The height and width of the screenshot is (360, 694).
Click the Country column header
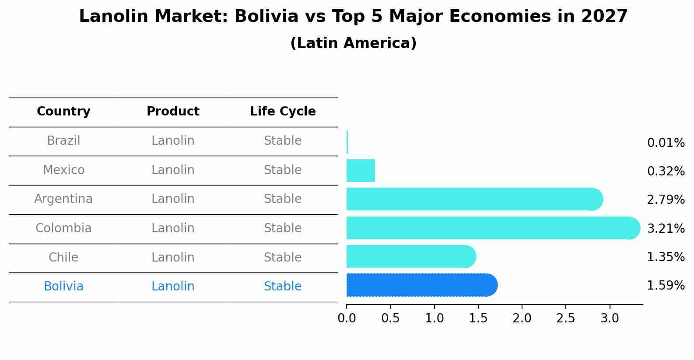[63, 112]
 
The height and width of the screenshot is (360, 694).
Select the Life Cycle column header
[283, 112]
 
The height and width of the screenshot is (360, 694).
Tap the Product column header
[173, 112]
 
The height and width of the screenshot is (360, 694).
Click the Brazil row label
[63, 141]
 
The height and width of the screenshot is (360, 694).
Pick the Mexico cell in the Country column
[63, 170]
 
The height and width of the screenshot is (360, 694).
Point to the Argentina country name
[63, 199]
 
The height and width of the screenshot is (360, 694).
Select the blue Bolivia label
[63, 287]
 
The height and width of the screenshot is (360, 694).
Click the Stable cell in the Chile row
[283, 258]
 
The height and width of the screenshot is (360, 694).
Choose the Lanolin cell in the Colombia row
[173, 228]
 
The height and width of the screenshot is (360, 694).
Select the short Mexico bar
[361, 171]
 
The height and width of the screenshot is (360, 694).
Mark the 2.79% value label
[666, 200]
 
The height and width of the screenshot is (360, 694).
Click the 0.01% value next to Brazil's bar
[666, 143]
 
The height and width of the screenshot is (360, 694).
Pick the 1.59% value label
[666, 286]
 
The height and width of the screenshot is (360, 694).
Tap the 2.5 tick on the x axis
[566, 318]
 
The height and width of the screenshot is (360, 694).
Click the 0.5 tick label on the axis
[390, 318]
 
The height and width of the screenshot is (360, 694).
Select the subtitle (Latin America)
[353, 43]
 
